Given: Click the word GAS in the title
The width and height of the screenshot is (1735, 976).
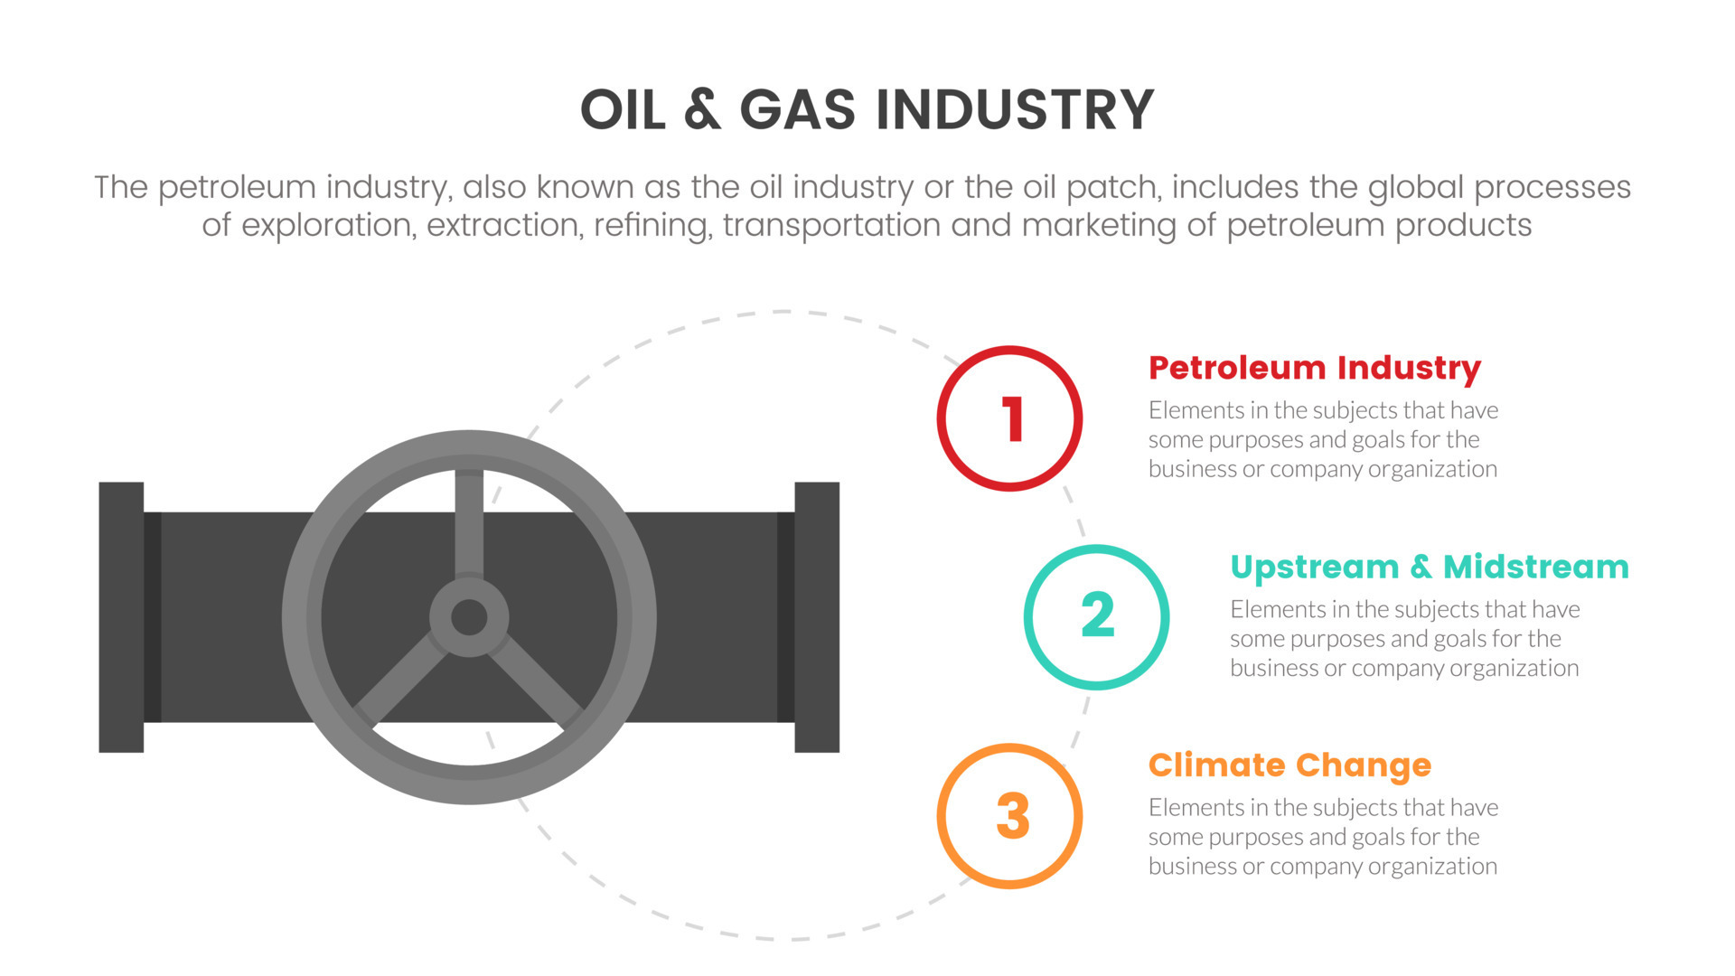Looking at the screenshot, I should point(797,110).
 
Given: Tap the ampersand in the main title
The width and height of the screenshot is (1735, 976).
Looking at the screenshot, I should point(702,110).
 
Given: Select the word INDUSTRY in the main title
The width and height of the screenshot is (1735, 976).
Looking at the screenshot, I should point(1014,110).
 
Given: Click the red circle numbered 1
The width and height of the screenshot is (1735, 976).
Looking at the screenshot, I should point(1009,418).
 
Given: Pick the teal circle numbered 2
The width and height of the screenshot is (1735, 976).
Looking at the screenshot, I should point(1096,617).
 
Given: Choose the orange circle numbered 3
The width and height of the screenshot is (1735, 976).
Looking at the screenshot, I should point(1009,816).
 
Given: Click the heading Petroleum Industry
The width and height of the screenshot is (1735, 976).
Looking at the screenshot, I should point(1314,368).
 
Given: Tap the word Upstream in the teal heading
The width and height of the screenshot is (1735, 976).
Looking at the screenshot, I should point(1314,568).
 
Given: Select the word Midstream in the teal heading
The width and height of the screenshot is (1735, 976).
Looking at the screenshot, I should point(1535,567).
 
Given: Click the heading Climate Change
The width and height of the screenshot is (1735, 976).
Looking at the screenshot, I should point(1290,765).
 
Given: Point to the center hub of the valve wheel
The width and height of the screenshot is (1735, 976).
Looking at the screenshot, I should point(469,618).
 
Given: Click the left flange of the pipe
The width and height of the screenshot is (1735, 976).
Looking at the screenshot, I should point(121,617).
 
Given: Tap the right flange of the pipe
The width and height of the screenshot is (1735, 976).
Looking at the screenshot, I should point(817,617).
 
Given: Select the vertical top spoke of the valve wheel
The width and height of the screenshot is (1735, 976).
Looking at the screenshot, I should point(469,524).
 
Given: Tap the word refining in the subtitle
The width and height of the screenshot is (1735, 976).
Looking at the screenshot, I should point(650,225).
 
